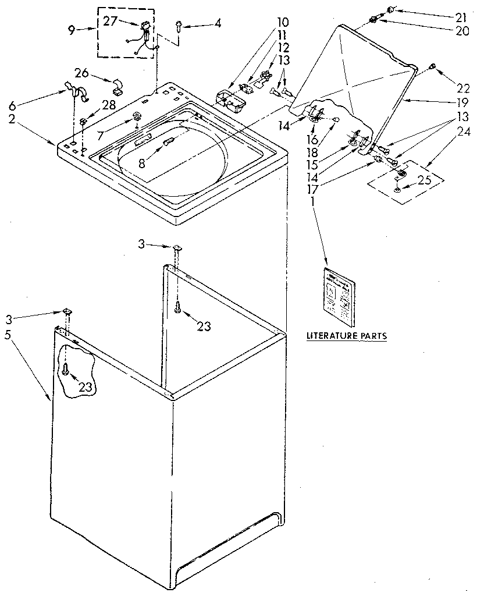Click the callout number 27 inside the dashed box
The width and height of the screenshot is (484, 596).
111,21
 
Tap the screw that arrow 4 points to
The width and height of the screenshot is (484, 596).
179,25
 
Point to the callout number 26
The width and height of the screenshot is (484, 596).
82,73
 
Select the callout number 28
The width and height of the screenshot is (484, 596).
109,105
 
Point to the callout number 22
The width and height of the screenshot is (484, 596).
463,88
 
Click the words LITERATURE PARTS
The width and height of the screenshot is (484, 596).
346,336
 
